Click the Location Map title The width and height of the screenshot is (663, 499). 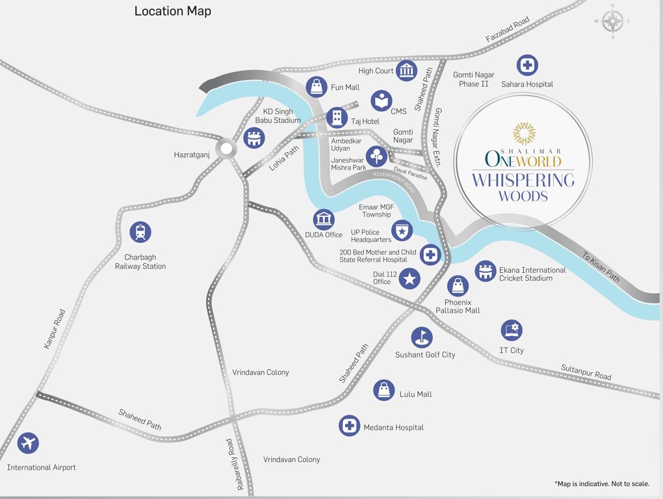coord(172,11)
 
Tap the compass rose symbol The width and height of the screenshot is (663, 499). coord(612,21)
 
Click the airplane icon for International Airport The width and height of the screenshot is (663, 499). coord(28,443)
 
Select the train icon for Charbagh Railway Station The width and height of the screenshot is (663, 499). coord(140,232)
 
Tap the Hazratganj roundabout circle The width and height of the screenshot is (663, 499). coord(226,149)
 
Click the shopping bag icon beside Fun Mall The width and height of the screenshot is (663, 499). coord(317,86)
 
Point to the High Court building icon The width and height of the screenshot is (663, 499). coord(407,70)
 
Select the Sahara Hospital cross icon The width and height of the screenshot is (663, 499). coord(527,65)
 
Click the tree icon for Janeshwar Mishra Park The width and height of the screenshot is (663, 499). coord(377,157)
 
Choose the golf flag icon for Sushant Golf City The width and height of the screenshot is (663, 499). coord(422,337)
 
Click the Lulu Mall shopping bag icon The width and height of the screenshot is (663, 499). coord(384,390)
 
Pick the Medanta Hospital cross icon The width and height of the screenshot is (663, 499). coord(350,426)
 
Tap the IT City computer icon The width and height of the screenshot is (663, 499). coord(512,330)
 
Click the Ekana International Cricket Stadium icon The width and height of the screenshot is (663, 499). coord(485,271)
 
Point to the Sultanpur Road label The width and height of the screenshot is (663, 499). coord(586,372)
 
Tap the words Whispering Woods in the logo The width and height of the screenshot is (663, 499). coord(523,187)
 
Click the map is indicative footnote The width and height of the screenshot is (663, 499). coord(602,484)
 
